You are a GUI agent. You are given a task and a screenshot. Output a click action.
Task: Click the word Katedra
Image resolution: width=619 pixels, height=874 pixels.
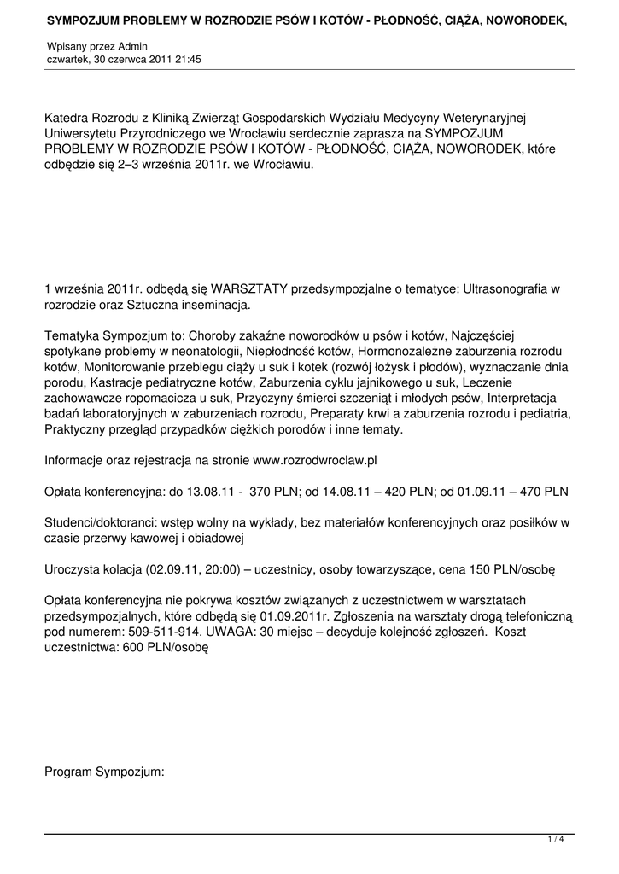pos(68,118)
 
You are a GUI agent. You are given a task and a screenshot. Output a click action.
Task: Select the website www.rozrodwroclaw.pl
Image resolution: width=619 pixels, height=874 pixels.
pos(316,460)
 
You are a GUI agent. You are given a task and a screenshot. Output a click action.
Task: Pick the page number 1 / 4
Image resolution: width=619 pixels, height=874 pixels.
pos(556,840)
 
